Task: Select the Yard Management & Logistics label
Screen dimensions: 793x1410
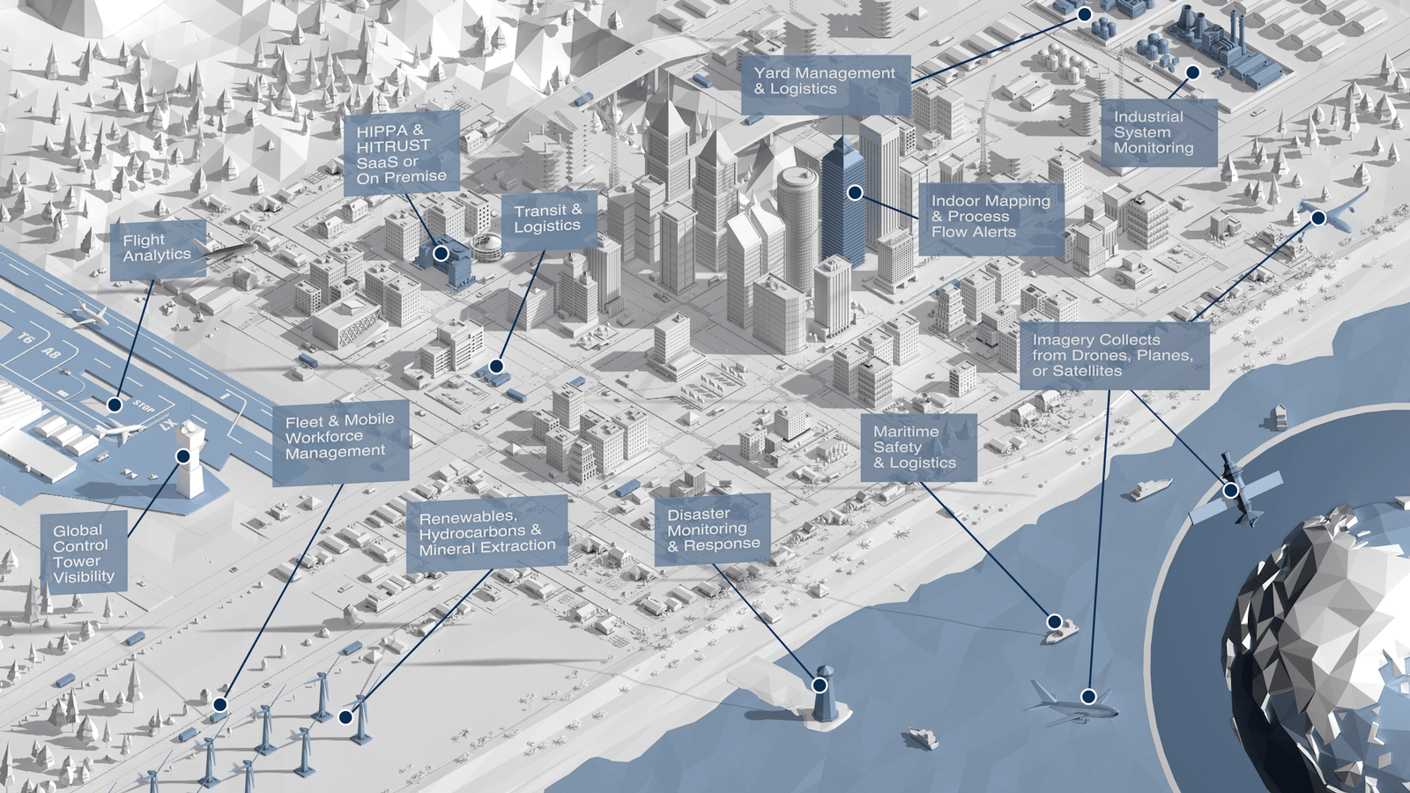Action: point(825,82)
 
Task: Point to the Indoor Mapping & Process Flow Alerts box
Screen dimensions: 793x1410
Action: point(991,218)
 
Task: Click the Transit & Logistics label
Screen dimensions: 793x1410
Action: point(548,219)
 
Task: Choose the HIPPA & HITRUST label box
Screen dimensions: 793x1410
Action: point(401,154)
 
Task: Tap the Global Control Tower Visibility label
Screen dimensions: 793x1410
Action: point(84,553)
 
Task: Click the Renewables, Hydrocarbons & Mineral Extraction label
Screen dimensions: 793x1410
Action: point(486,533)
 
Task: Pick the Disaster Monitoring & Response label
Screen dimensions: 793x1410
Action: point(712,530)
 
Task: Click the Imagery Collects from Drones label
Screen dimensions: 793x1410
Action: point(1114,355)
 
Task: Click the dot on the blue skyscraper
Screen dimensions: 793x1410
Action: point(855,192)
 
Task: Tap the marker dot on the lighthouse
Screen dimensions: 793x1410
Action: point(820,685)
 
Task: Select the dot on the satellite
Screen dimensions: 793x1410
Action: point(1230,489)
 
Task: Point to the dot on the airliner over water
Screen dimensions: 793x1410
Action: point(1088,696)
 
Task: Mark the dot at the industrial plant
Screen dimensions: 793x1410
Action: point(1192,72)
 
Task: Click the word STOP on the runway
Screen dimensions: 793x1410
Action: point(145,406)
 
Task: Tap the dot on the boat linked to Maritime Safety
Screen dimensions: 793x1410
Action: point(1054,622)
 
